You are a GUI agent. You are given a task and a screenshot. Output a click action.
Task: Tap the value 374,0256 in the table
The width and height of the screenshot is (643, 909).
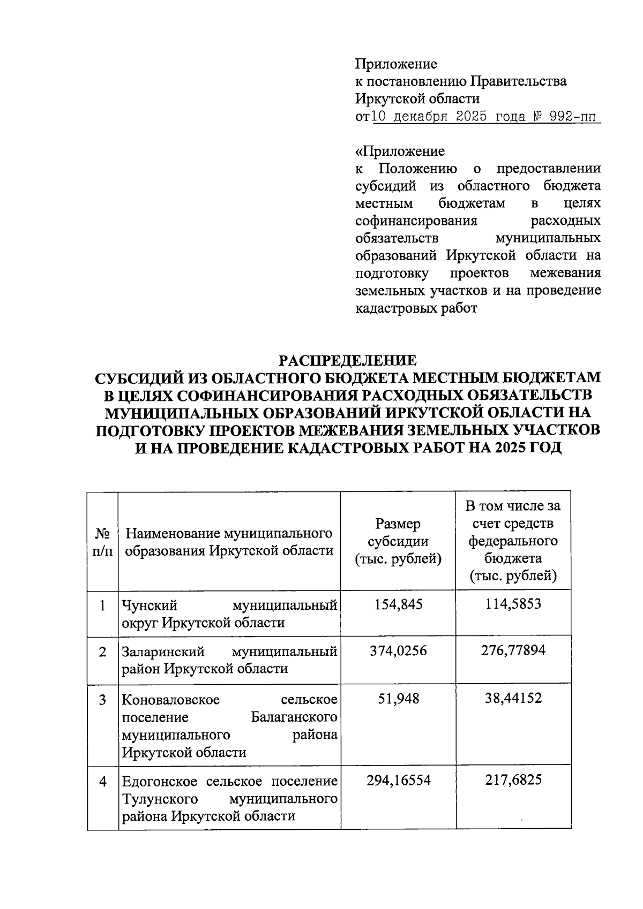pos(398,651)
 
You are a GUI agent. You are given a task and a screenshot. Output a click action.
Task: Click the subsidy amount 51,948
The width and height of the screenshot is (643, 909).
pos(398,698)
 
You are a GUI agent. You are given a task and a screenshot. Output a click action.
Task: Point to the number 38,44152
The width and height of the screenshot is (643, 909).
pos(513,698)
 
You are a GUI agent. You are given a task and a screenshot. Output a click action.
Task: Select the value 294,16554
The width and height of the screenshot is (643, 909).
pos(398,780)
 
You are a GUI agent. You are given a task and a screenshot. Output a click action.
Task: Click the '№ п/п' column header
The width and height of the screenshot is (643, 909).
pos(103,542)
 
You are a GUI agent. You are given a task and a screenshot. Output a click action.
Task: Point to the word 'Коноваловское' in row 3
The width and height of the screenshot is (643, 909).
pos(170,700)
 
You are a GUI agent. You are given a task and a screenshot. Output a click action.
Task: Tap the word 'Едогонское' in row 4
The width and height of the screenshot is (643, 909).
pos(160,781)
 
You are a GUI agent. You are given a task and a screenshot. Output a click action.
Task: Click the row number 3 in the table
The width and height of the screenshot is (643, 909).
pos(102,700)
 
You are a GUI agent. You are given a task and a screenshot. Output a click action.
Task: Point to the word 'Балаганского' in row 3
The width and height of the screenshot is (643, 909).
pos(294,717)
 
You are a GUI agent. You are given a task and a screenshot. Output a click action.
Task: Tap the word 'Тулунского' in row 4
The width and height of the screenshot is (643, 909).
pos(160,799)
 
